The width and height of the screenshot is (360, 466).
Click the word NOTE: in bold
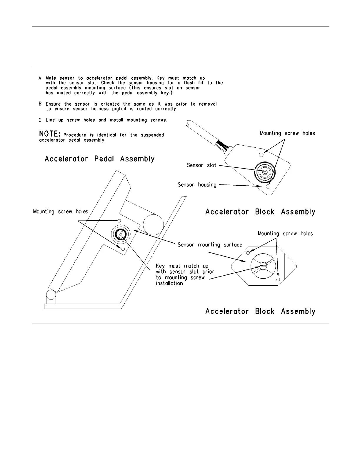pyautogui.click(x=50, y=134)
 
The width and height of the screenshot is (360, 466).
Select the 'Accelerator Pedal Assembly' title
pyautogui.click(x=99, y=159)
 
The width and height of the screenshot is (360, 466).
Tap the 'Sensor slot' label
pyautogui.click(x=201, y=165)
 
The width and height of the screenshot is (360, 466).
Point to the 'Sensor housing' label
pyautogui.click(x=197, y=185)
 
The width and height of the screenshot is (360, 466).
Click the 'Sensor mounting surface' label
pyautogui.click(x=210, y=245)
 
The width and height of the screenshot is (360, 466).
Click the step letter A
pyautogui.click(x=40, y=78)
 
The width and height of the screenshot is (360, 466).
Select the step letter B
pyautogui.click(x=40, y=104)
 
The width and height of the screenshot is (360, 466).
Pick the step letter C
pyautogui.click(x=40, y=120)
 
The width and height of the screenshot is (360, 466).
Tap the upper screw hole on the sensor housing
pyautogui.click(x=261, y=155)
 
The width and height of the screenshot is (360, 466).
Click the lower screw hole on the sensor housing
pyautogui.click(x=268, y=187)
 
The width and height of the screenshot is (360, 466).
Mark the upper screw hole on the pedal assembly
pyautogui.click(x=119, y=221)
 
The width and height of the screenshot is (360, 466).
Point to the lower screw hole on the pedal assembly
pyautogui.click(x=123, y=249)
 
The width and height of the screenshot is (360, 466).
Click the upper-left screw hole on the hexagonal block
pyautogui.click(x=248, y=253)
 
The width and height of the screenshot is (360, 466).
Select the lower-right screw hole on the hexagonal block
pyautogui.click(x=278, y=279)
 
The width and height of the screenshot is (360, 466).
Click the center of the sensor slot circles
pyautogui.click(x=265, y=173)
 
